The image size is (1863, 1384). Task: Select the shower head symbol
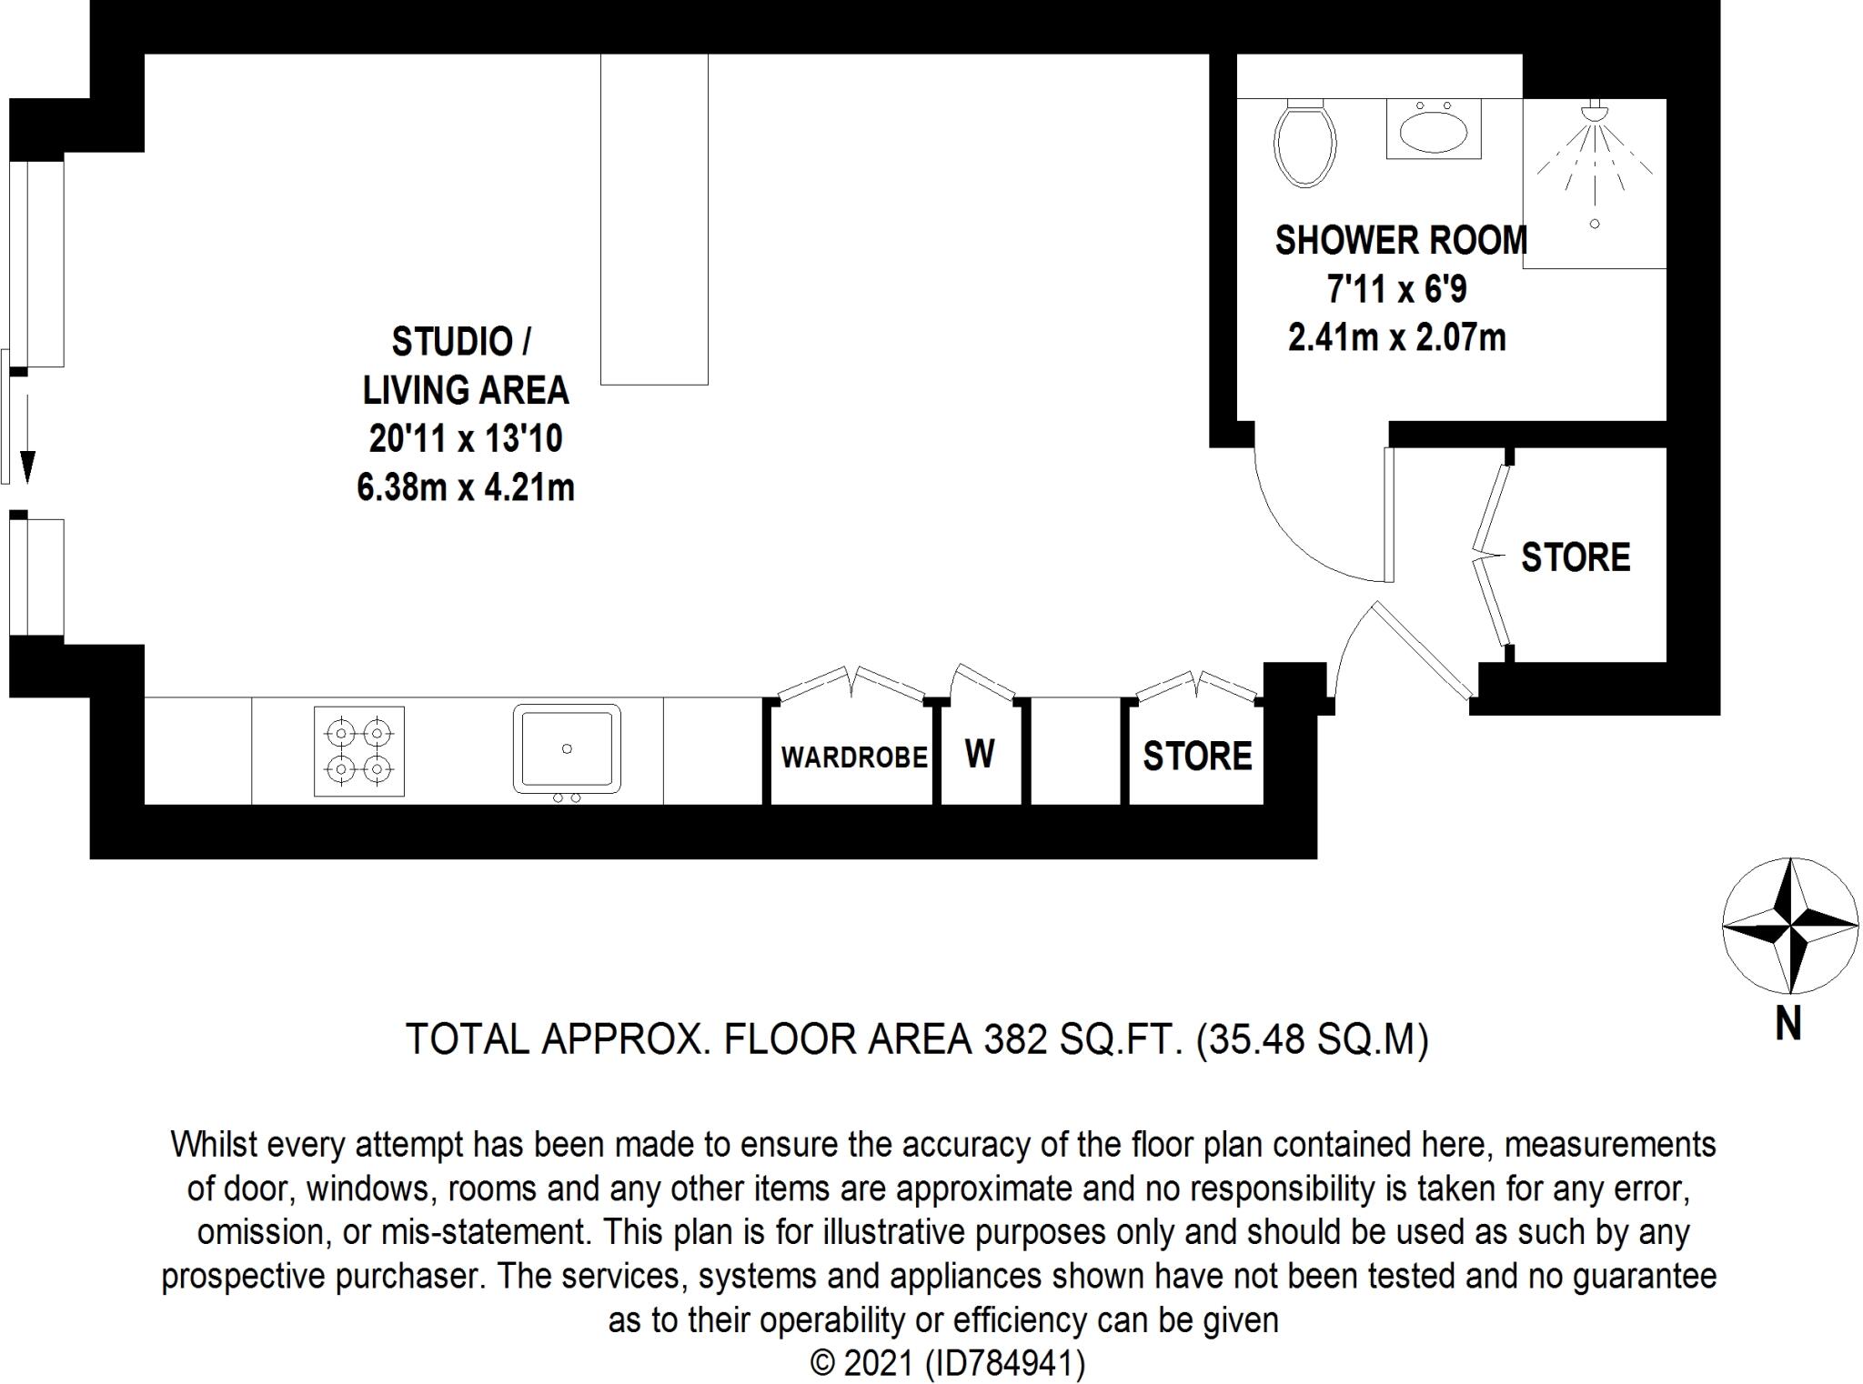(x=1594, y=115)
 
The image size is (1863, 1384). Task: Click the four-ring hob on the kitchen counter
(x=359, y=751)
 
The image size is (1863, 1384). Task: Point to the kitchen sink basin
(x=566, y=748)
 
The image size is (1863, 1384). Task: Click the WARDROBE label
(x=853, y=757)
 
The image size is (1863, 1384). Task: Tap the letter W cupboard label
(x=980, y=754)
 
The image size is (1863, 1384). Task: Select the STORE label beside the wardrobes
(x=1197, y=757)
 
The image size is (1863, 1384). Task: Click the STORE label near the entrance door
(x=1575, y=557)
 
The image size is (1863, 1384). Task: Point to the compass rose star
(x=1789, y=926)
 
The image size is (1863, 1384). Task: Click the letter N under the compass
(x=1787, y=1025)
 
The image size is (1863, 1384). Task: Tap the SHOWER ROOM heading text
(x=1400, y=241)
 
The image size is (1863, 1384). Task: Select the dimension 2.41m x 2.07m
(x=1396, y=338)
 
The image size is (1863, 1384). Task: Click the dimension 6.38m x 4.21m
(x=465, y=488)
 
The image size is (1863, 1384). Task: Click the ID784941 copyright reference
(x=1004, y=1363)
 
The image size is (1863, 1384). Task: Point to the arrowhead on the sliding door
(x=27, y=466)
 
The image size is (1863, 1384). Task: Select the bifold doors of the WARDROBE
(x=852, y=681)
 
